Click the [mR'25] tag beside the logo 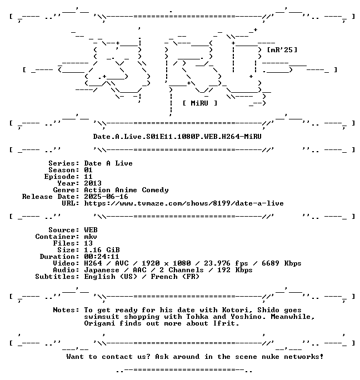(282, 50)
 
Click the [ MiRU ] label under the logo (200, 103)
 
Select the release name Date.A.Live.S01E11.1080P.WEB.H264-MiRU (177, 137)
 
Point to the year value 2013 (93, 183)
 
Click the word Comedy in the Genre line (155, 190)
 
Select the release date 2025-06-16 (106, 197)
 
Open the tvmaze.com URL (184, 203)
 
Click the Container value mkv (91, 237)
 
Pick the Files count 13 (88, 243)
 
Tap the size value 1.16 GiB (102, 250)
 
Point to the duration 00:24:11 (102, 257)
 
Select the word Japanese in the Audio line (102, 270)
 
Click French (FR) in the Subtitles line (175, 277)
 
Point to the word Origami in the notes (99, 323)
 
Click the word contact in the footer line (117, 357)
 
